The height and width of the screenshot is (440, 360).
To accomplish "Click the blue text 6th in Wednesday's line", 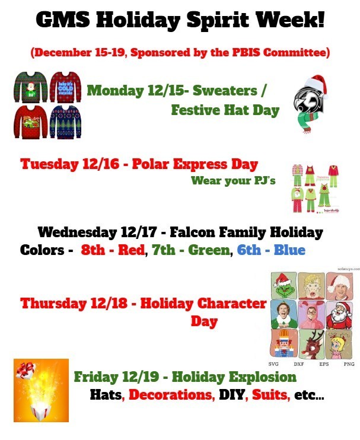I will [x=249, y=250].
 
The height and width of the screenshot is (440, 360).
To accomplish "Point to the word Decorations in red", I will [x=172, y=394].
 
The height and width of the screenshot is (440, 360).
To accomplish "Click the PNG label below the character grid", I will [x=349, y=364].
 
